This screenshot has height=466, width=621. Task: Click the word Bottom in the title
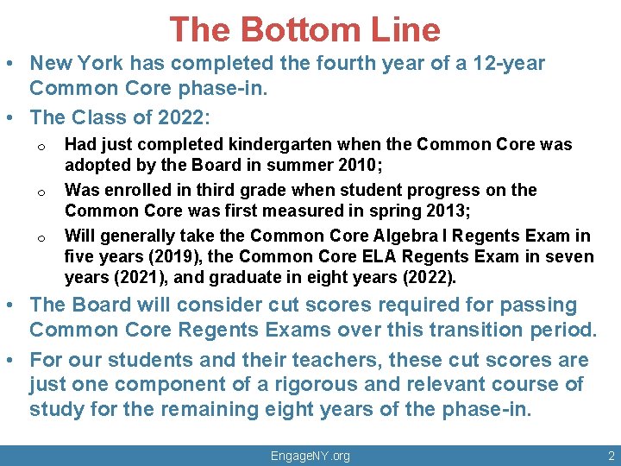[298, 30]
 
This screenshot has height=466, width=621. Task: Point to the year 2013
[443, 211]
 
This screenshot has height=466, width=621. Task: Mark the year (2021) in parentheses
[139, 277]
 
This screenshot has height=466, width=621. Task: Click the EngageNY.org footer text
[310, 456]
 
